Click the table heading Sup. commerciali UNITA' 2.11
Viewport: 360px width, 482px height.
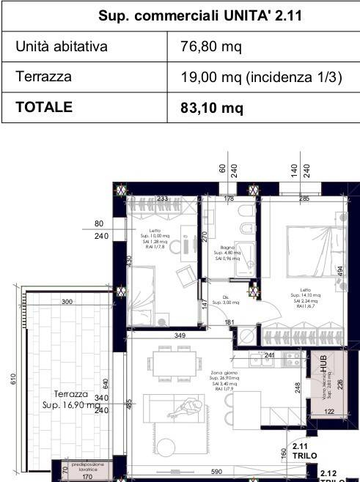180,15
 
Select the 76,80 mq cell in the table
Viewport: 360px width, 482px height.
211,48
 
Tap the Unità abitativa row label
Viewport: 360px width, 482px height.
62,48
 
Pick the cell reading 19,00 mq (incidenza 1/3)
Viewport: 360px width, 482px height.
261,78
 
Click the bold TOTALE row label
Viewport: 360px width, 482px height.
45,107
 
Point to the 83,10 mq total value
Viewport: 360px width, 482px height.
212,108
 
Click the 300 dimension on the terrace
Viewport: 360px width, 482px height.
67,302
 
